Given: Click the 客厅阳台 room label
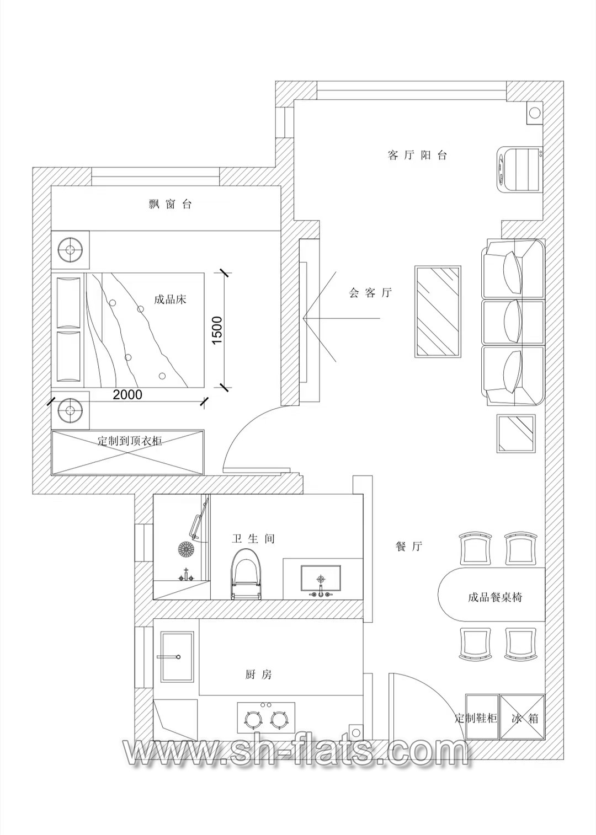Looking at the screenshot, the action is (x=417, y=155).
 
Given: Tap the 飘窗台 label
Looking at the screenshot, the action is (x=170, y=204).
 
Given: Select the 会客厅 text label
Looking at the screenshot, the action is (x=370, y=293).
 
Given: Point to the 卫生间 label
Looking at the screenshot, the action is (x=253, y=539).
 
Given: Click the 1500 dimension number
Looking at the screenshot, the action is (x=217, y=330).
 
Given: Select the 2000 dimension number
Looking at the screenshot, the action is (x=127, y=394).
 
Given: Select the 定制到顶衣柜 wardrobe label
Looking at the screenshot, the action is (x=130, y=441).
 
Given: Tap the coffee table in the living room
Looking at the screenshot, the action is (x=438, y=312).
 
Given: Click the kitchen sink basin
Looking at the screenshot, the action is (x=177, y=657).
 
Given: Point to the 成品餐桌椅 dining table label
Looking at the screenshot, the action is (x=495, y=597).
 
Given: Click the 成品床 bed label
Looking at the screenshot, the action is (x=170, y=299).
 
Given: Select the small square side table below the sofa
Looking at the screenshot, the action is (x=516, y=433).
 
